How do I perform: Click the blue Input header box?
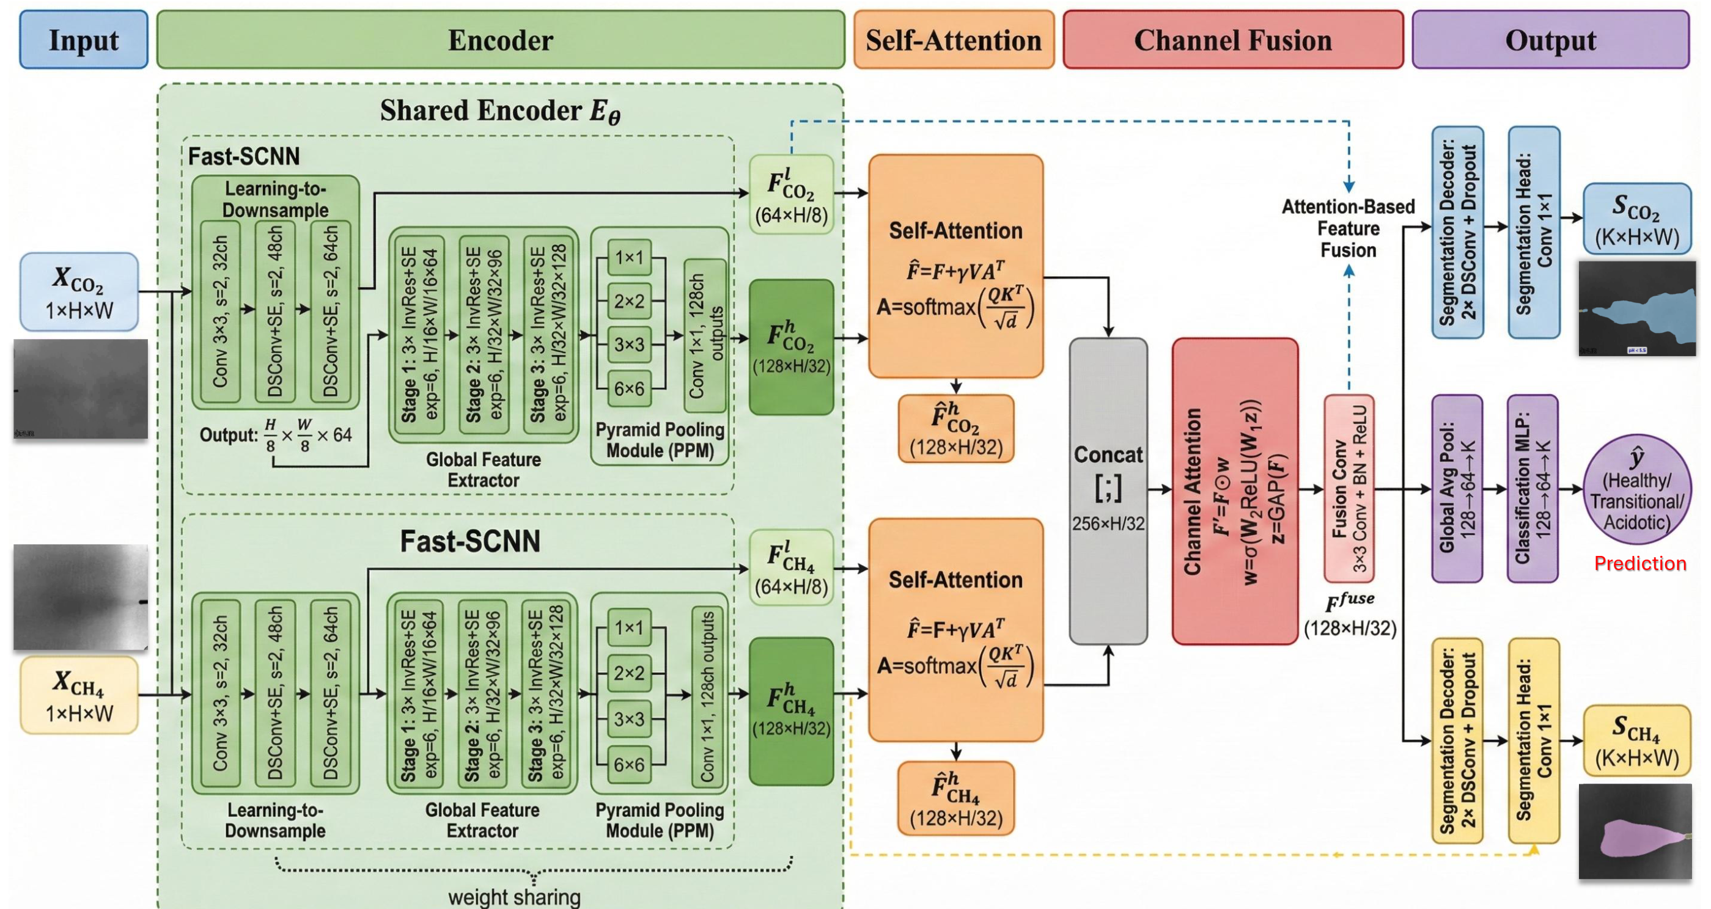click(84, 40)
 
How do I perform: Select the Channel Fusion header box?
click(1233, 40)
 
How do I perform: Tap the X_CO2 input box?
click(79, 291)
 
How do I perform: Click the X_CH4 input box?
click(79, 695)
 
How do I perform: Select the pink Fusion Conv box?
click(1349, 489)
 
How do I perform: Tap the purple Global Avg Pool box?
click(1457, 489)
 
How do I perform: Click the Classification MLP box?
click(1533, 489)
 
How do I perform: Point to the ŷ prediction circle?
click(1636, 490)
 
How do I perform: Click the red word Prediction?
click(1640, 564)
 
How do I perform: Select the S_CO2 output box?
click(1636, 219)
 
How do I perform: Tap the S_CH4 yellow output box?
click(1636, 740)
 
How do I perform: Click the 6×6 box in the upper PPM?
click(629, 389)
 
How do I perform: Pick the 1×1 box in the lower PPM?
click(629, 627)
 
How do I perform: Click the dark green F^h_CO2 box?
click(791, 346)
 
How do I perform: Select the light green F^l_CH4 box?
click(791, 568)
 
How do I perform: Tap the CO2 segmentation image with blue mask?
click(1636, 308)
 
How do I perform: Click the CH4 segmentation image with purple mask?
click(1635, 831)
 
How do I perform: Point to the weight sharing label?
click(514, 897)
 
